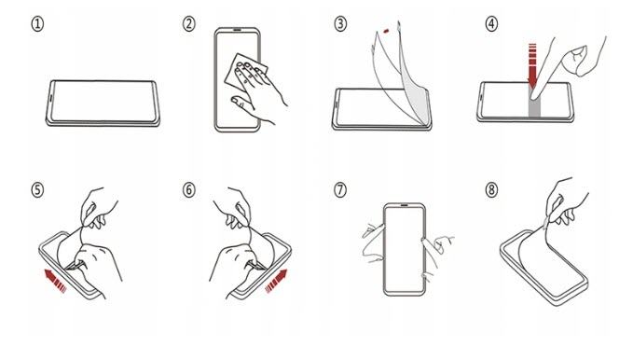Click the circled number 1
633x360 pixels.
pyautogui.click(x=37, y=24)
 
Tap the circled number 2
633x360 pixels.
pyautogui.click(x=188, y=24)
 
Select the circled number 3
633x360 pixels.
pyautogui.click(x=340, y=24)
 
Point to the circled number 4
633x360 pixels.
pyautogui.click(x=491, y=24)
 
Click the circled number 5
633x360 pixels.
pyautogui.click(x=37, y=190)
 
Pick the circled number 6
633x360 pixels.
pyautogui.click(x=188, y=190)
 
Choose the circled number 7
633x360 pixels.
pyautogui.click(x=340, y=190)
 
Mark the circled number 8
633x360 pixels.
pyautogui.click(x=491, y=190)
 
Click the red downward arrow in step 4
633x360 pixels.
pyautogui.click(x=532, y=64)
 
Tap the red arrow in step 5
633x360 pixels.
pyautogui.click(x=55, y=281)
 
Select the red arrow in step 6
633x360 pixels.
pyautogui.click(x=277, y=281)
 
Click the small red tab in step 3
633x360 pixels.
pyautogui.click(x=386, y=31)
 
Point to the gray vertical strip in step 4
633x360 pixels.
pyautogui.click(x=534, y=107)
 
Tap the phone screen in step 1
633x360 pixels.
pyautogui.click(x=103, y=101)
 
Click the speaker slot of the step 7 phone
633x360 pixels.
pyautogui.click(x=404, y=205)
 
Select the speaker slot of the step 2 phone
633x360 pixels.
pyautogui.click(x=237, y=30)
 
